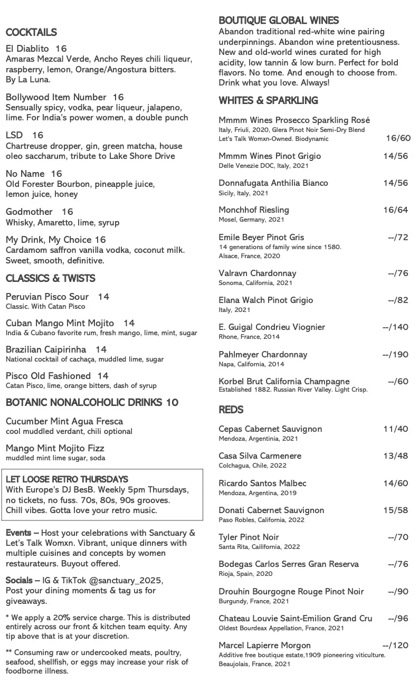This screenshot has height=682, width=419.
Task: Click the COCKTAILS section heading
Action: (x=31, y=33)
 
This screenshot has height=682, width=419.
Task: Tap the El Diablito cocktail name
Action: (x=27, y=49)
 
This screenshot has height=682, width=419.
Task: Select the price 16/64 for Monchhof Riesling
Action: (x=395, y=210)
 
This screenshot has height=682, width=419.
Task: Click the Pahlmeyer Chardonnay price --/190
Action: (x=395, y=355)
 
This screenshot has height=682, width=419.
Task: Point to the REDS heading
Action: (x=231, y=410)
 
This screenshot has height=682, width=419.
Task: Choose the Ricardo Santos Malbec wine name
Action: (x=262, y=484)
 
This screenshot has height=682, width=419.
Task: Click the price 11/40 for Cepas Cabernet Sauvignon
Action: (x=395, y=429)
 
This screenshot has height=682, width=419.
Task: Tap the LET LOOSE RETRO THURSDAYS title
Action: (x=67, y=479)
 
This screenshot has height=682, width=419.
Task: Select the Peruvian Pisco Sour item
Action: (x=47, y=297)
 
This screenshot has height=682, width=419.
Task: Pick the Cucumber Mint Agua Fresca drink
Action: (x=64, y=421)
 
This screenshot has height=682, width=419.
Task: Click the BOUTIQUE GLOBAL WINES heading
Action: (x=279, y=21)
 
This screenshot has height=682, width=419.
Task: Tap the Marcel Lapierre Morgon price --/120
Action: (x=395, y=646)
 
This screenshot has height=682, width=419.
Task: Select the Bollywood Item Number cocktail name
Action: (x=56, y=97)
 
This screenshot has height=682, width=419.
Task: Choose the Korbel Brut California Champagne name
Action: (x=284, y=382)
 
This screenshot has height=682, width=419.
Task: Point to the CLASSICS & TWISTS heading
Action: (x=51, y=278)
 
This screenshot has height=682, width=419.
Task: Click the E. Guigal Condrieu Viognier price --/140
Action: (x=395, y=327)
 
